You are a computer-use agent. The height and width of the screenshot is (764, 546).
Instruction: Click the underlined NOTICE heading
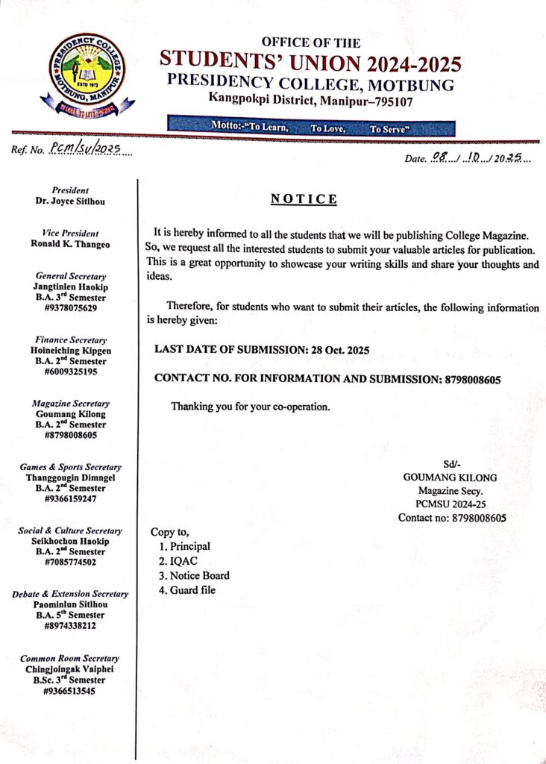point(304,199)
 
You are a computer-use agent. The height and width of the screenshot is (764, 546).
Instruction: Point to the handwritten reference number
point(85,149)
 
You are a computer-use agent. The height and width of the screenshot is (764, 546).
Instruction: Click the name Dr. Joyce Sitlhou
point(71,201)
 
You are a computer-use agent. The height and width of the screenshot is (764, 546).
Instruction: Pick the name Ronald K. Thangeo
point(71,243)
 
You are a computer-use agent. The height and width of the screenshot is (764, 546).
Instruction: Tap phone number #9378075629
point(71,307)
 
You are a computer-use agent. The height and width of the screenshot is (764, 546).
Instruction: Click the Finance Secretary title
point(71,339)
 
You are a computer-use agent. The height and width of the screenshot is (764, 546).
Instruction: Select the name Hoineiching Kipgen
point(71,350)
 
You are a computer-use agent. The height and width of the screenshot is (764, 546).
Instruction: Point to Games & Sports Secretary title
point(71,467)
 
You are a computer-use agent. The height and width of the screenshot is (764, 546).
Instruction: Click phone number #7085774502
point(71,562)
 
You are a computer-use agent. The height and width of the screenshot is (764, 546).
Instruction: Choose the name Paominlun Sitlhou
point(71,604)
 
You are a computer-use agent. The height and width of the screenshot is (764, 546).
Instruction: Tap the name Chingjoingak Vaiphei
point(71,669)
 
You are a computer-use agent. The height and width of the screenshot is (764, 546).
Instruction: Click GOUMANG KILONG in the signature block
point(450,477)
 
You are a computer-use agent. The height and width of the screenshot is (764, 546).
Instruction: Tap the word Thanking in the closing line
point(193,407)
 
